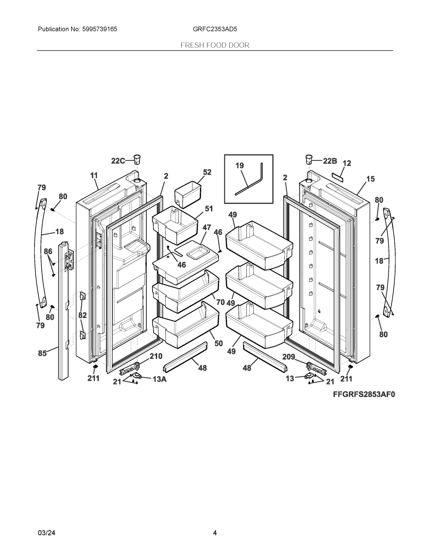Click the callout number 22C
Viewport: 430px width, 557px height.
(x=118, y=161)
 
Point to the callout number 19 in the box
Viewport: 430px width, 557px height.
(x=239, y=166)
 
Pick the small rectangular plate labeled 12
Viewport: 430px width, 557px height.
(x=338, y=177)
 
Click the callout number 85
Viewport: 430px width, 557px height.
(x=42, y=353)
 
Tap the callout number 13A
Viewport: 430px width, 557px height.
(x=159, y=379)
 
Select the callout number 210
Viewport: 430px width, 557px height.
(x=156, y=356)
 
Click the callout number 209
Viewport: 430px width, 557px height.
(x=288, y=357)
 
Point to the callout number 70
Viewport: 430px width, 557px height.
(x=220, y=302)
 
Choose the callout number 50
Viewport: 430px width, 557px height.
(x=219, y=343)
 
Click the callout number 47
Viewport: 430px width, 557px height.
(x=207, y=227)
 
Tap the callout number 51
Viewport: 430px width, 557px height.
(x=209, y=209)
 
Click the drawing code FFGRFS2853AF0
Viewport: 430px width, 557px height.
(x=364, y=395)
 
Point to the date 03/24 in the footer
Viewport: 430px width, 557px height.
(x=47, y=533)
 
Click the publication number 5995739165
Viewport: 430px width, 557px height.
(x=100, y=29)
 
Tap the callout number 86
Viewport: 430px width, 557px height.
(x=48, y=252)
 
